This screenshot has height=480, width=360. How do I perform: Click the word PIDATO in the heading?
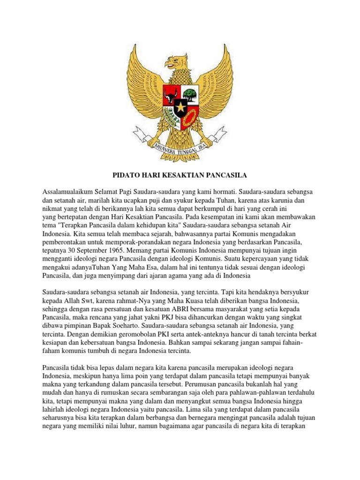click(x=125, y=175)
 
